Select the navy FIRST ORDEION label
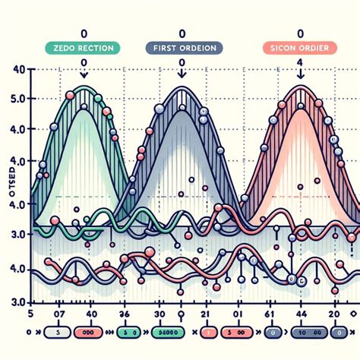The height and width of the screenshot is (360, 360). (x=182, y=48)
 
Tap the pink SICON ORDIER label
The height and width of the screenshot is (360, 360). (x=298, y=48)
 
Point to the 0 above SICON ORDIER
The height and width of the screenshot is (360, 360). (x=300, y=34)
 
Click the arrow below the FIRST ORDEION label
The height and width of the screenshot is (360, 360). (x=182, y=73)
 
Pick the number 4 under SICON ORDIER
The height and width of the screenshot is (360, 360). (x=300, y=62)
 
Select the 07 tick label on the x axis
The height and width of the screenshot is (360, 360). (x=55, y=314)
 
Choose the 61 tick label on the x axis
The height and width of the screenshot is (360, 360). (x=267, y=314)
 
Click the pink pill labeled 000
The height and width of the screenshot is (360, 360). (x=88, y=333)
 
